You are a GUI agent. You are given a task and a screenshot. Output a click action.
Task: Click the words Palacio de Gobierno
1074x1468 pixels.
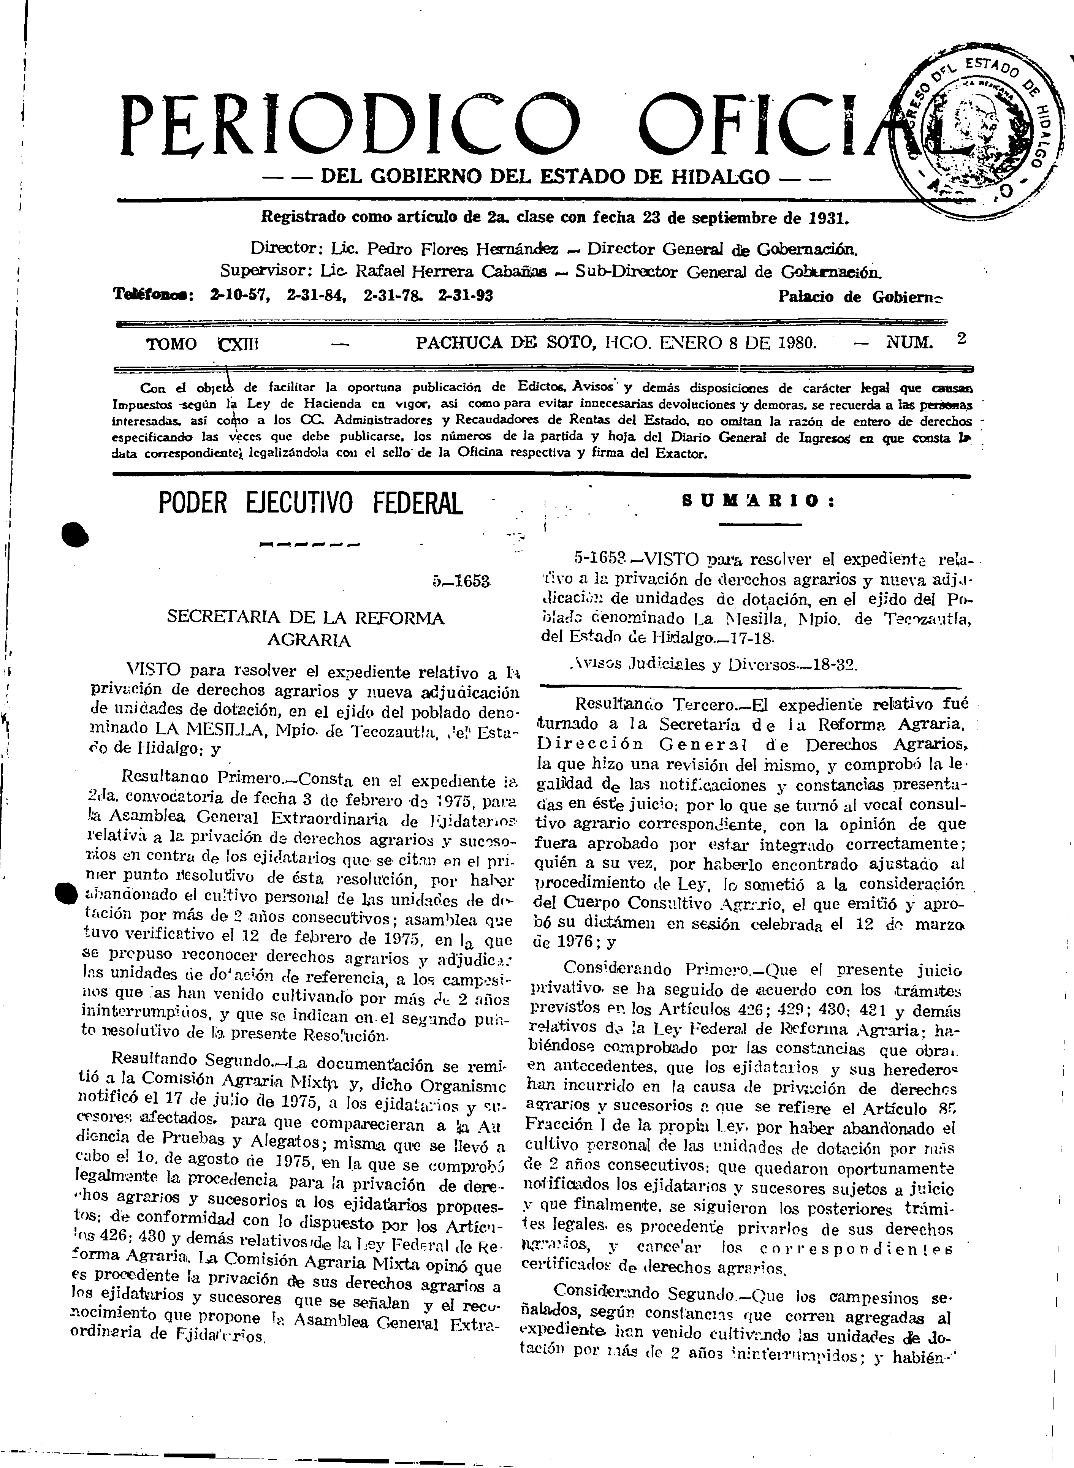(859, 297)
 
